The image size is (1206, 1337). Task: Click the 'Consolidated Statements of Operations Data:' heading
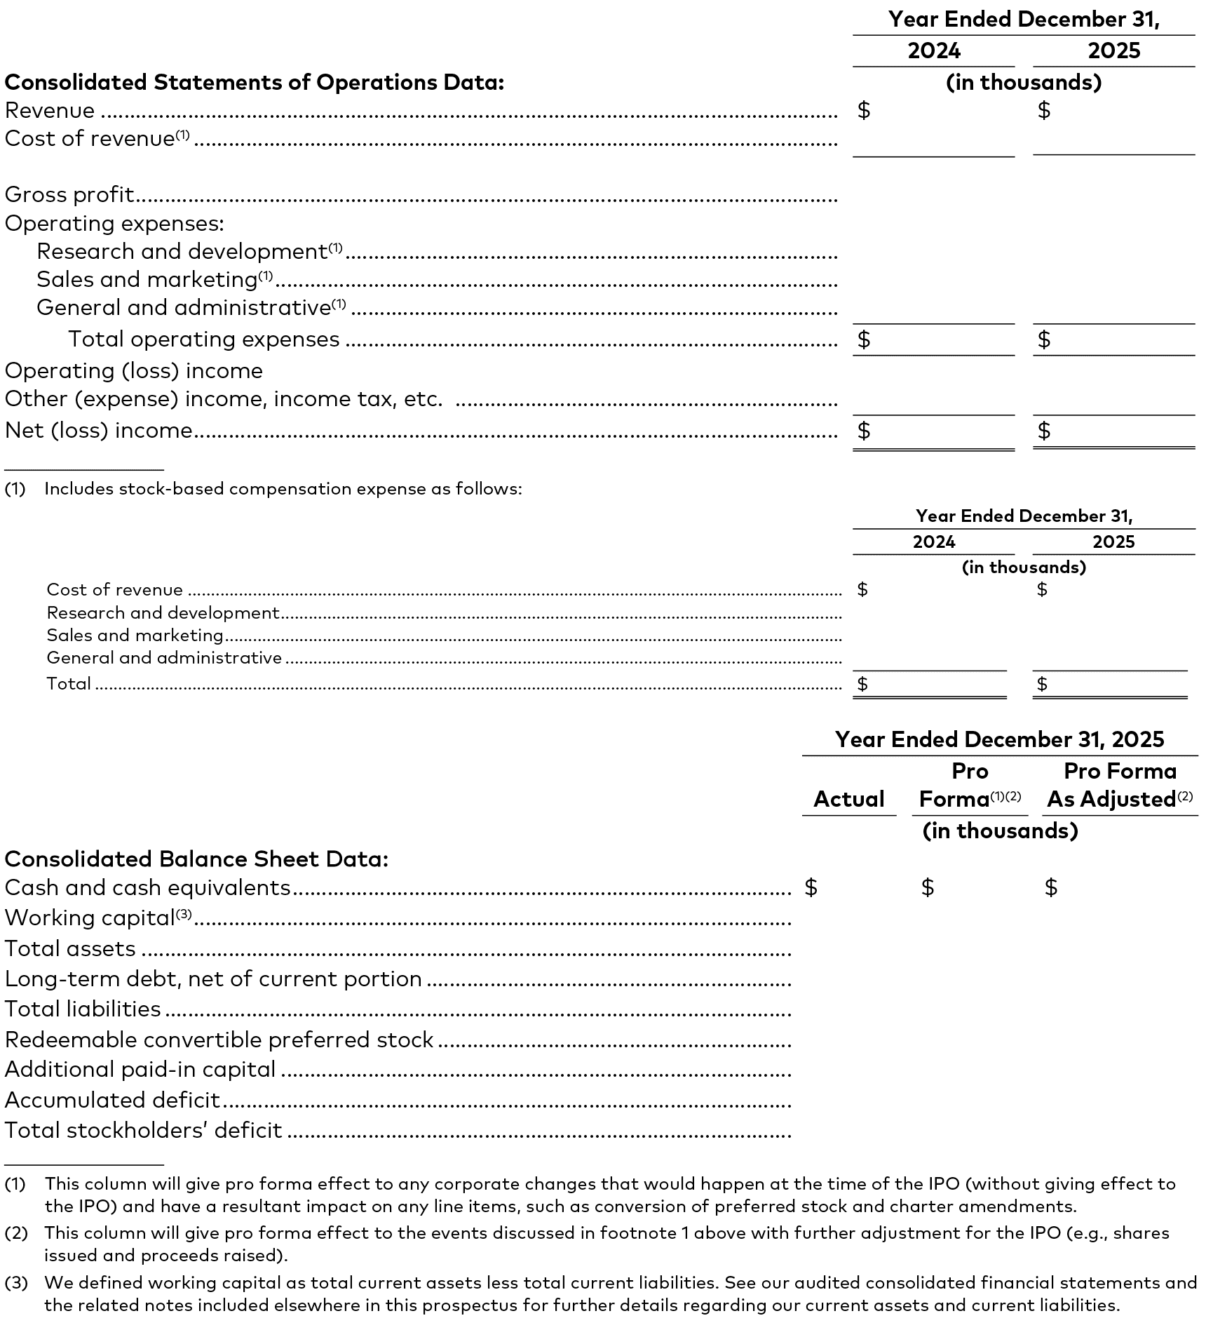(x=255, y=82)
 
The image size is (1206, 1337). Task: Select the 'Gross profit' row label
(x=69, y=194)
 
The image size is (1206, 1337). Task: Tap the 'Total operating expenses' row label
(x=203, y=339)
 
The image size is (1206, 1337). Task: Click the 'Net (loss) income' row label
(x=99, y=430)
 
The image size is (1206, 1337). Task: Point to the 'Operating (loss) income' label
(x=134, y=370)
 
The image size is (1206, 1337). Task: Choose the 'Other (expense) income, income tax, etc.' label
(x=224, y=398)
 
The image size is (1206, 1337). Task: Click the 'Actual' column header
(x=848, y=799)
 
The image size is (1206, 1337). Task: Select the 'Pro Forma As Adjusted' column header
(x=1120, y=785)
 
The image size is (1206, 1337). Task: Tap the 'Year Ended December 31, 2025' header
(x=999, y=739)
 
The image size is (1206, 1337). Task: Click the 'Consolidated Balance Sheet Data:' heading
(x=196, y=859)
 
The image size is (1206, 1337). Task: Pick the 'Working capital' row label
(x=89, y=918)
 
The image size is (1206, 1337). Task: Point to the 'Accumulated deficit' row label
(x=112, y=1100)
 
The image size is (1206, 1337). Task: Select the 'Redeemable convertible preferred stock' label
(x=219, y=1039)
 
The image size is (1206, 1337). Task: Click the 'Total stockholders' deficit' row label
(x=143, y=1130)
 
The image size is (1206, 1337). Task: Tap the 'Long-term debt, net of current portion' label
(x=213, y=979)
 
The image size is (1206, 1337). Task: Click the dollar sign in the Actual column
(x=811, y=887)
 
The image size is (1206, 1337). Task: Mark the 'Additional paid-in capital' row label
(x=140, y=1069)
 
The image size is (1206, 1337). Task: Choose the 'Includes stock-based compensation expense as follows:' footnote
(x=283, y=489)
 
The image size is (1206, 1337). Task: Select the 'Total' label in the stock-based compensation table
(x=69, y=683)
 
